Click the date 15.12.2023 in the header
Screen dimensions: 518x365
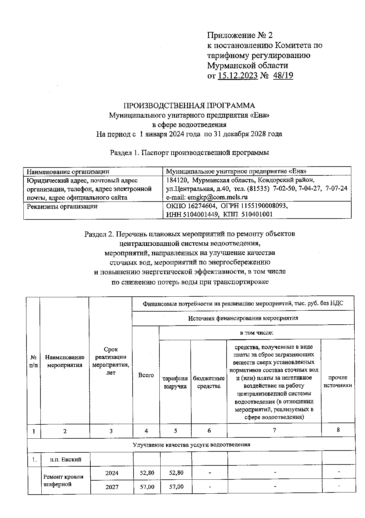coord(238,75)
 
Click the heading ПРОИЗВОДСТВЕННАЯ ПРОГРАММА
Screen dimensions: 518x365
coord(189,105)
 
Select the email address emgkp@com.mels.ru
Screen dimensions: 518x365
coord(215,197)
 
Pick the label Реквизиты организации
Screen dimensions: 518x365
coord(62,207)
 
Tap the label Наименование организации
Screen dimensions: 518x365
coord(68,172)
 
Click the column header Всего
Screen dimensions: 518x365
coord(146,375)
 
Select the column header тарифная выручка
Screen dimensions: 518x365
coord(175,382)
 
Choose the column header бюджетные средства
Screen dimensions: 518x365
coord(209,382)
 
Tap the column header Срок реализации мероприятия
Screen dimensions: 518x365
coord(111,361)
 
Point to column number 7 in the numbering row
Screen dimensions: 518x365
coord(274,430)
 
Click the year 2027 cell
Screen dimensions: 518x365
coord(112,487)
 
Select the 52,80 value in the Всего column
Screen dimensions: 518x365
coord(147,473)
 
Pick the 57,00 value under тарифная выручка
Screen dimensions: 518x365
coord(176,487)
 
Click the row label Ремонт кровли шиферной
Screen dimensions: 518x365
coord(63,480)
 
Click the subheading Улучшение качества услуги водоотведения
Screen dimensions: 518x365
coord(191,444)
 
